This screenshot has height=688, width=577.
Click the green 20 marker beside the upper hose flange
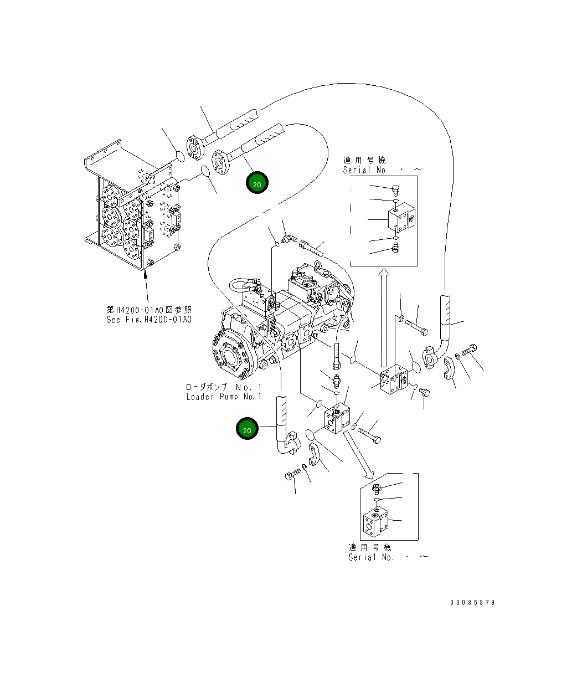pyautogui.click(x=256, y=183)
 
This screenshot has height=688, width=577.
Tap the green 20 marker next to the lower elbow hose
pyautogui.click(x=247, y=429)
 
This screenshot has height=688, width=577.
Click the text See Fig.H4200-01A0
pyautogui.click(x=148, y=320)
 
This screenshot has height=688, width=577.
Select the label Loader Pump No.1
pyautogui.click(x=223, y=397)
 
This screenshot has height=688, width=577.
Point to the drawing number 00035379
pyautogui.click(x=472, y=603)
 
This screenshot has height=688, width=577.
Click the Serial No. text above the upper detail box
pyautogui.click(x=365, y=171)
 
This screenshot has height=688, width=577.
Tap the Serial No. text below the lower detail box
pyautogui.click(x=371, y=557)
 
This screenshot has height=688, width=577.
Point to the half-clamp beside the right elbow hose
pyautogui.click(x=449, y=370)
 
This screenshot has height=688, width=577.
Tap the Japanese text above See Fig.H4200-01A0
pyautogui.click(x=148, y=310)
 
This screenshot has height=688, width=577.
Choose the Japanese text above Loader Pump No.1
pyautogui.click(x=223, y=387)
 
